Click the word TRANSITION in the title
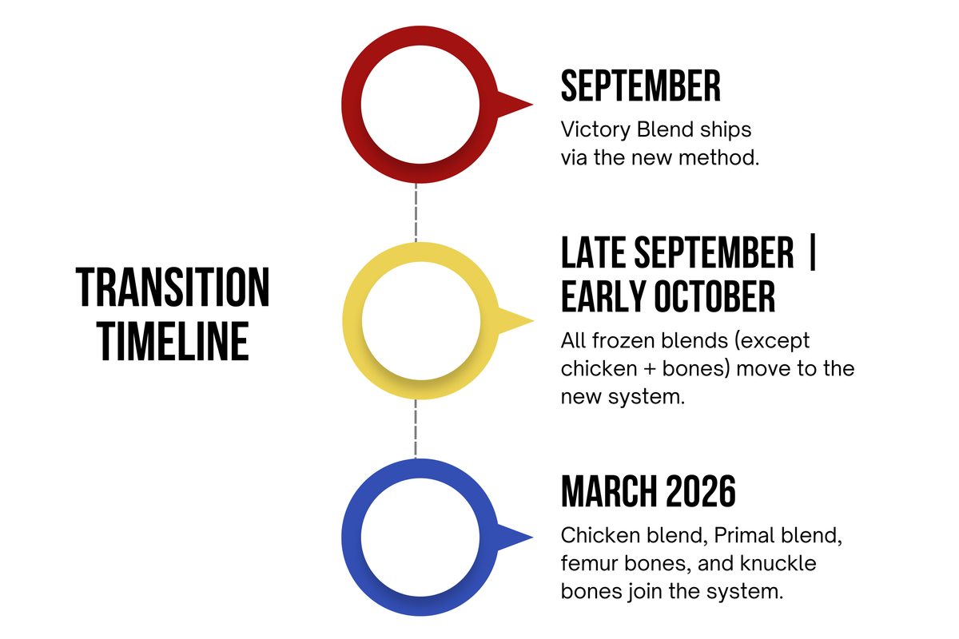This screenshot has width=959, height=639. [x=173, y=288]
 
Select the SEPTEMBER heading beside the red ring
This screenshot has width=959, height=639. [x=640, y=85]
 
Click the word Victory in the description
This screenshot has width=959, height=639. [x=595, y=129]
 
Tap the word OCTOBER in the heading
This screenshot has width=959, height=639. [x=714, y=296]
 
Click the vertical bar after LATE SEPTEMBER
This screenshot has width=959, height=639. [x=813, y=252]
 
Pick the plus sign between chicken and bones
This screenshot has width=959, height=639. [x=650, y=369]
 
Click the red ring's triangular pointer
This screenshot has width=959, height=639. [x=514, y=105]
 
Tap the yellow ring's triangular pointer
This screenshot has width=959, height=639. [x=515, y=320]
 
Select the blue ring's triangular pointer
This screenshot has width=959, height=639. [x=514, y=537]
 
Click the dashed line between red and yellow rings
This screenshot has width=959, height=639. [x=416, y=212]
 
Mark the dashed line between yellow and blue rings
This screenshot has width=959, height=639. [x=416, y=429]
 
